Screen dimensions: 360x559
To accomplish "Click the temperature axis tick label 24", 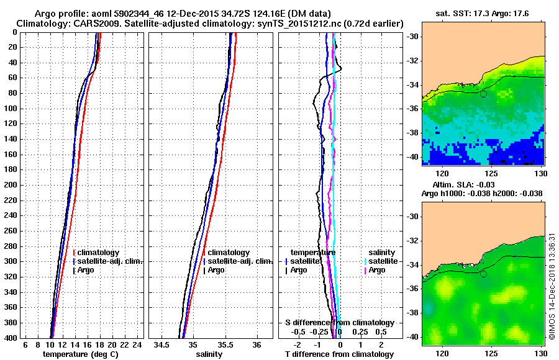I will (x=139, y=344).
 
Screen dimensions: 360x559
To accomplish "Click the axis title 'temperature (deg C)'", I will (x=80, y=354).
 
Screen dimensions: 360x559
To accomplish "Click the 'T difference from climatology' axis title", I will (x=339, y=354).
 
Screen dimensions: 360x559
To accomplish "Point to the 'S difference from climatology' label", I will (x=339, y=323).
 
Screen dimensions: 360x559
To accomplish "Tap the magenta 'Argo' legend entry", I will (x=377, y=270).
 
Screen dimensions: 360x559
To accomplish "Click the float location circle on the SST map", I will (x=483, y=94).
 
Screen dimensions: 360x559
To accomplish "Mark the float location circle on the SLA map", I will (x=483, y=273).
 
